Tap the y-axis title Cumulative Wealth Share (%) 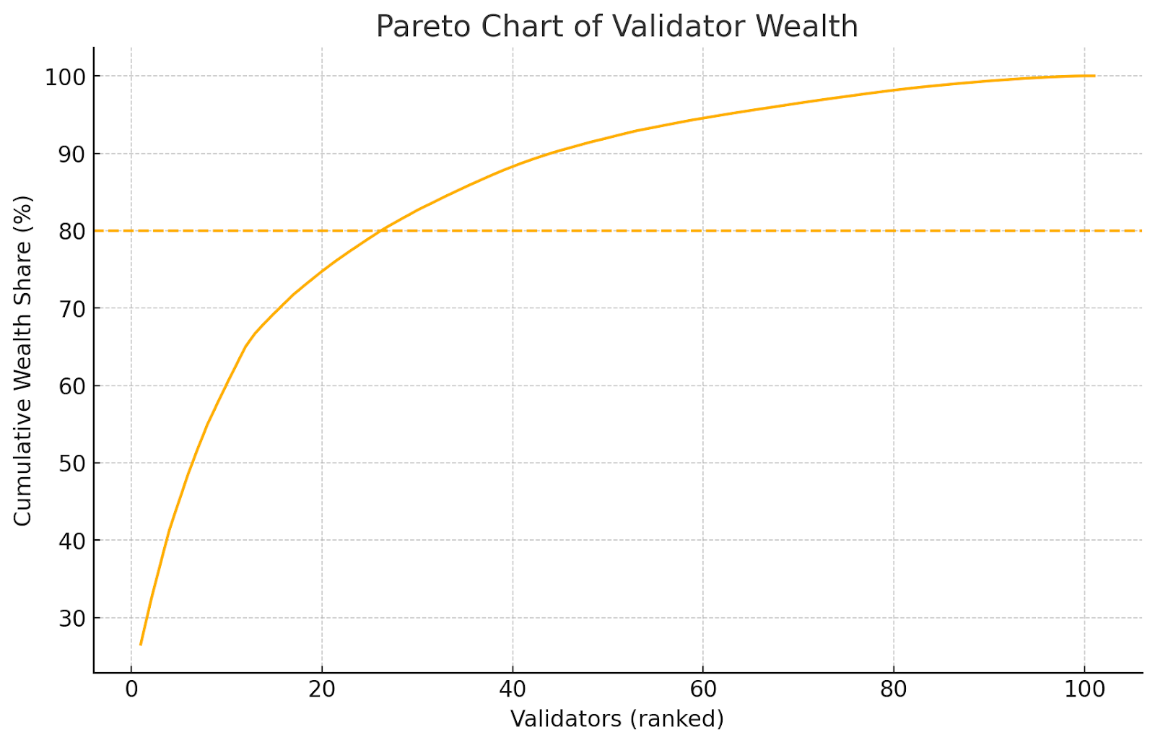[23, 360]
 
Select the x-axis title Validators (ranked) [617, 719]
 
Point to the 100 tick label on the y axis [65, 77]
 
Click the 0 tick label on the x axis [131, 689]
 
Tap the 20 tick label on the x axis [322, 689]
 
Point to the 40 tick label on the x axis [513, 689]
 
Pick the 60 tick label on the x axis [703, 689]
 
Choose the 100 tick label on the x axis [1085, 689]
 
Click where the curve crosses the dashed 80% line [380, 231]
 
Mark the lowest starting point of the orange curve [141, 645]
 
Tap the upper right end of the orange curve [1094, 76]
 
